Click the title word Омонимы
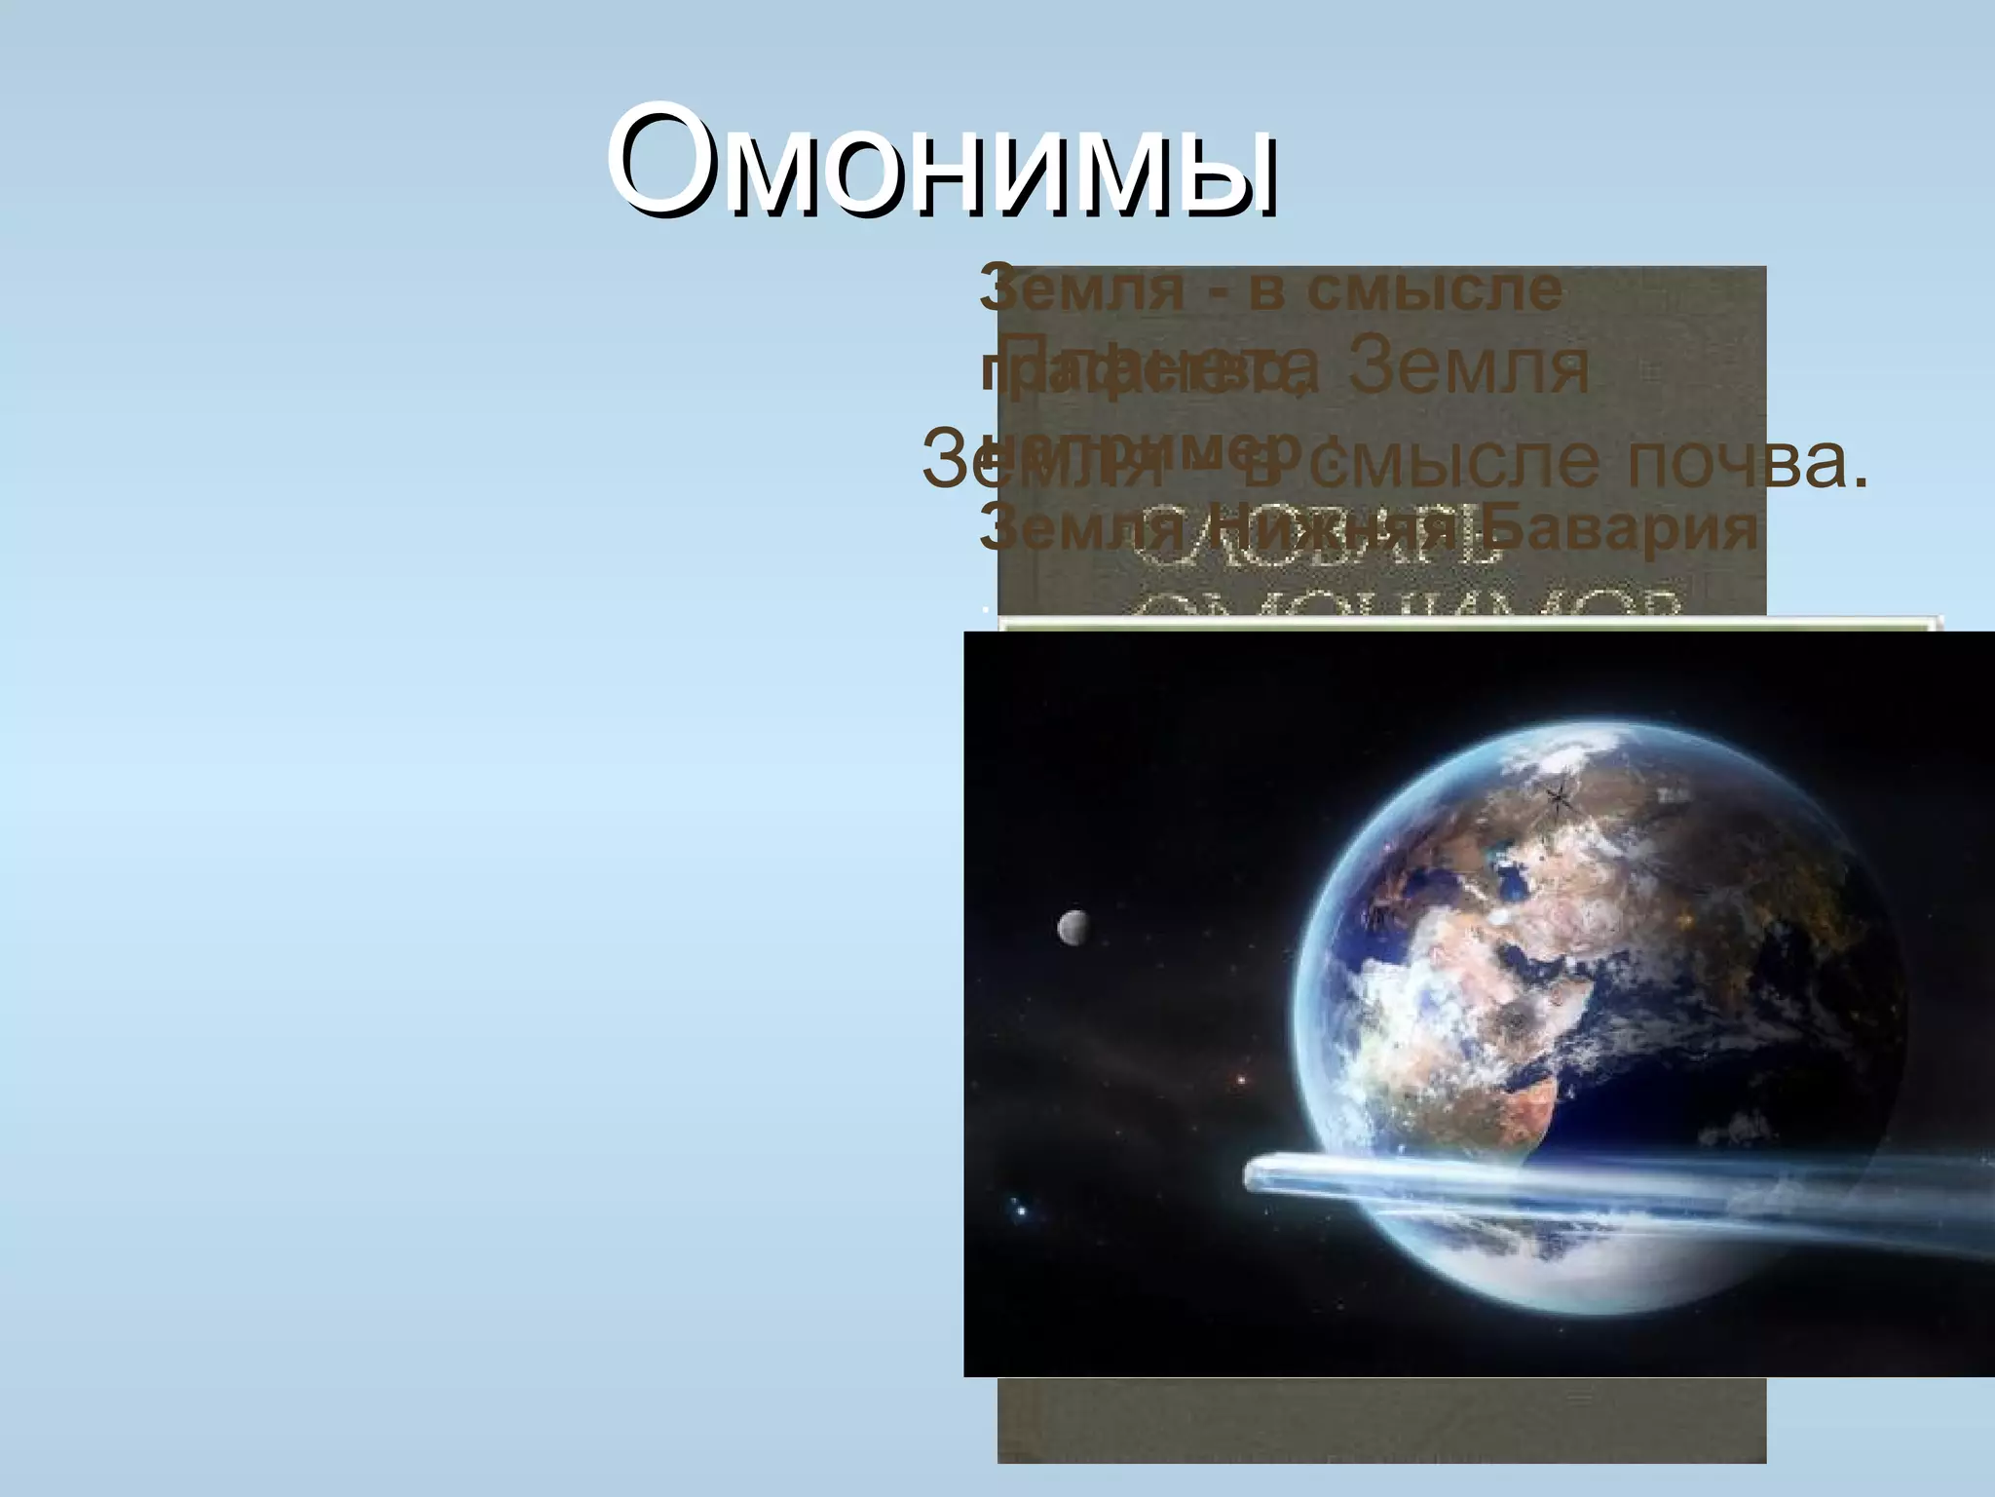[941, 161]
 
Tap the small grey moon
[1073, 927]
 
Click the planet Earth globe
[1598, 1014]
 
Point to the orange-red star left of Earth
[1241, 1079]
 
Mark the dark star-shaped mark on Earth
[1558, 799]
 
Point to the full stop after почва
[1858, 482]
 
